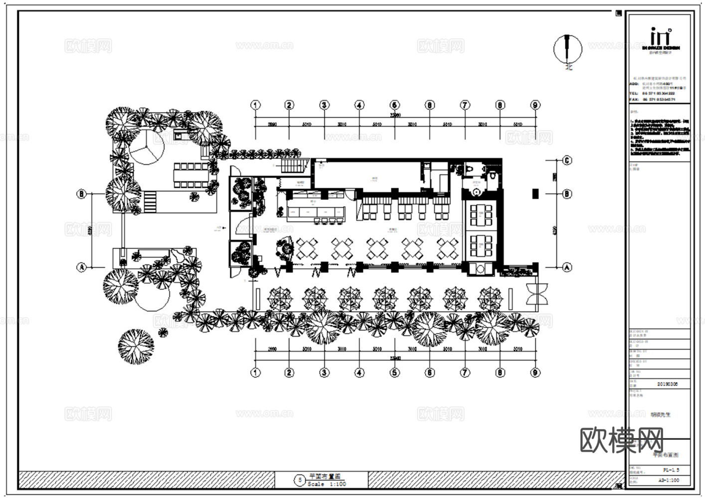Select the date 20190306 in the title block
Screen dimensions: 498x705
(667, 384)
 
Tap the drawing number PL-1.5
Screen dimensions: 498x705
(671, 470)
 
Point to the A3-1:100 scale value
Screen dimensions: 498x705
(668, 480)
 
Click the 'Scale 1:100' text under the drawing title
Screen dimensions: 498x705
(327, 484)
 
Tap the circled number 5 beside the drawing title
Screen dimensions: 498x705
(300, 480)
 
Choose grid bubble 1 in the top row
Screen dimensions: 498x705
(255, 105)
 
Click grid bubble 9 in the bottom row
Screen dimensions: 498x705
(535, 372)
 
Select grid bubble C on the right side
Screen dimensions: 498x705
(567, 160)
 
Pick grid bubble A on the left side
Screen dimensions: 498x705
(82, 267)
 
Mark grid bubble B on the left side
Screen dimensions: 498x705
(82, 194)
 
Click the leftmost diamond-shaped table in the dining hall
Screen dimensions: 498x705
(307, 248)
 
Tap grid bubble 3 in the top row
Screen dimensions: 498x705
(325, 105)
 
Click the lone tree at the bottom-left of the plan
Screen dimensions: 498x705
(136, 346)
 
